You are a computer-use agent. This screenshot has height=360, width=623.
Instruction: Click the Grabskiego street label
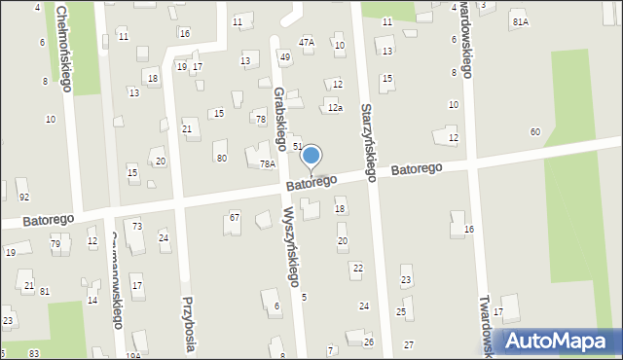pyautogui.click(x=280, y=119)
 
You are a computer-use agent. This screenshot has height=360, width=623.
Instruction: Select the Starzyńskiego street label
pyautogui.click(x=368, y=142)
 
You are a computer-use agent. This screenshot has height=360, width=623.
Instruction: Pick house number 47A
pyautogui.click(x=307, y=43)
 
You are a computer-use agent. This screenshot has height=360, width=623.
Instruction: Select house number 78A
pyautogui.click(x=268, y=164)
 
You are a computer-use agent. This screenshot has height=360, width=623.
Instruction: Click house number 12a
pyautogui.click(x=335, y=108)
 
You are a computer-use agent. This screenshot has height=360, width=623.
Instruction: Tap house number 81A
pyautogui.click(x=521, y=22)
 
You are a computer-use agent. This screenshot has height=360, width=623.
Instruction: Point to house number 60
pyautogui.click(x=534, y=131)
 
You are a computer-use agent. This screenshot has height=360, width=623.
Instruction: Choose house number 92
pyautogui.click(x=23, y=197)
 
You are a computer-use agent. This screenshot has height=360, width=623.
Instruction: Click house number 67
pyautogui.click(x=235, y=217)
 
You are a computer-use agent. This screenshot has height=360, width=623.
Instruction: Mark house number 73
pyautogui.click(x=137, y=226)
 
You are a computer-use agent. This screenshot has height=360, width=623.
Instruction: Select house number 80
pyautogui.click(x=221, y=158)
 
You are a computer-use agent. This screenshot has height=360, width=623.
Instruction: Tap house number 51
pyautogui.click(x=298, y=145)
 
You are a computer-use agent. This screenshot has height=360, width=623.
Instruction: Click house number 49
pyautogui.click(x=284, y=57)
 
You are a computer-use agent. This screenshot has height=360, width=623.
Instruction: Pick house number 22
pyautogui.click(x=357, y=268)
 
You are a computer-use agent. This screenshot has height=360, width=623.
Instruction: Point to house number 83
pyautogui.click(x=34, y=353)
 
